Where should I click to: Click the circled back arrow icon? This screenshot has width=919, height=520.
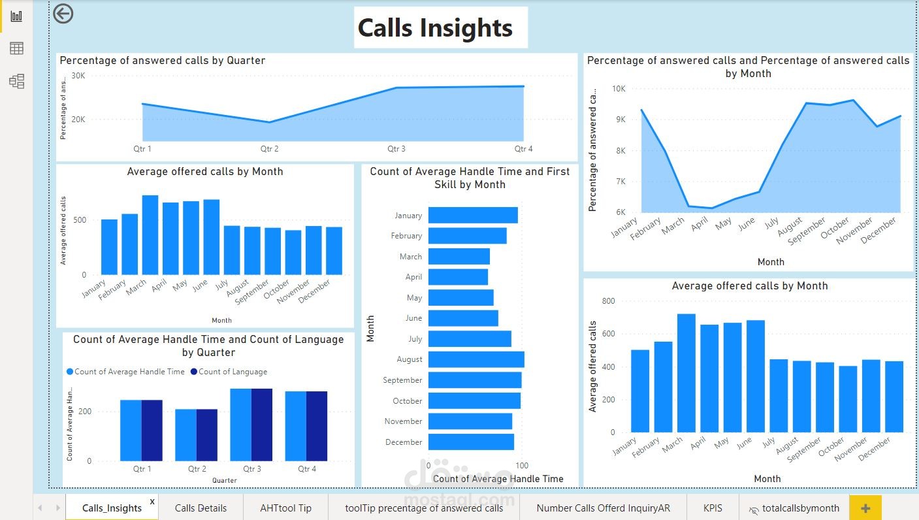click(x=63, y=14)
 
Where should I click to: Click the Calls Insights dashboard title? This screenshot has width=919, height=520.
click(x=435, y=28)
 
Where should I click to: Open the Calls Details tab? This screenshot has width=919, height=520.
click(x=201, y=508)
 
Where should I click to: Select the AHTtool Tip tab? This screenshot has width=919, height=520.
click(x=285, y=508)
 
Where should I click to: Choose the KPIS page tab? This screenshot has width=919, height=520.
click(x=713, y=508)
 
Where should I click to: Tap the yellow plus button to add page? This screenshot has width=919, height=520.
click(x=865, y=508)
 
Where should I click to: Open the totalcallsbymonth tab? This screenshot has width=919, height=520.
click(x=794, y=508)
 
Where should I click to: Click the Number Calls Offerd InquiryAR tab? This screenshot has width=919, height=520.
click(x=603, y=508)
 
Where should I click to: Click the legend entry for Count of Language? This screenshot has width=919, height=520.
click(x=228, y=372)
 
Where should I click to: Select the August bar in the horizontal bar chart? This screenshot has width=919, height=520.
click(x=476, y=359)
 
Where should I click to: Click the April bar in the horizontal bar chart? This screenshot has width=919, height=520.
click(x=458, y=277)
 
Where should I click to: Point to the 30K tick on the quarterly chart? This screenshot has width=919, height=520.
click(x=78, y=76)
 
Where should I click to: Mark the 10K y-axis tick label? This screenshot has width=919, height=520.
click(x=618, y=89)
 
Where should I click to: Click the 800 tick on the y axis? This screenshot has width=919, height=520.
click(x=608, y=301)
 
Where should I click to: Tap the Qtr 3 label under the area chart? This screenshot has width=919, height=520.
click(x=396, y=149)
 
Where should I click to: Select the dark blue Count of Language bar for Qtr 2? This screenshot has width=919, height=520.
click(x=207, y=434)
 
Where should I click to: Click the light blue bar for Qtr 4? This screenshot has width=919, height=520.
click(x=295, y=426)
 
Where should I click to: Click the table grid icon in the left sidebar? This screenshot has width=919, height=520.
click(x=16, y=48)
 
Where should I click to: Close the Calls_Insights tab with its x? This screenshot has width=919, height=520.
click(x=152, y=501)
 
